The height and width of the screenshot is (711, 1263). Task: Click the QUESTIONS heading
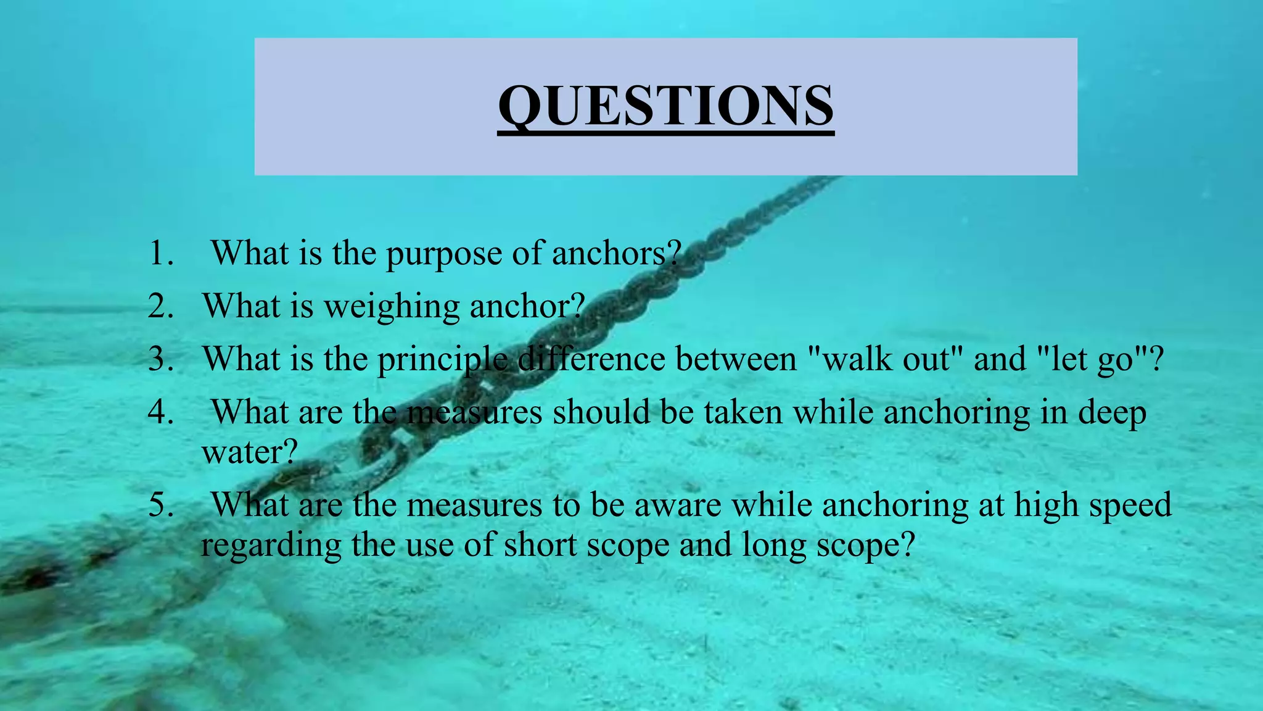666,106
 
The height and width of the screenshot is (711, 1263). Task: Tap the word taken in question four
743,412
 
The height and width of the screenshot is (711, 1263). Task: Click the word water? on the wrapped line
250,452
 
